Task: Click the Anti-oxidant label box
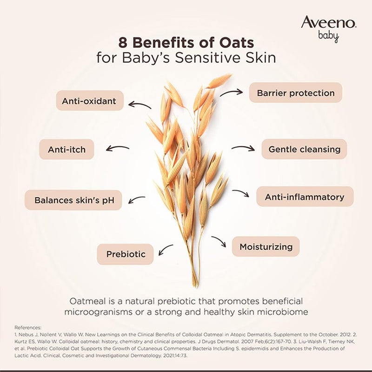pos(90,100)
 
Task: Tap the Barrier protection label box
pos(295,93)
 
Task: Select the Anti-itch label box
pos(70,150)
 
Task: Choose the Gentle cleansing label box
pos(304,149)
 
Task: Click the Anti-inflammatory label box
pos(305,197)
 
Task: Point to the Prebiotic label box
pos(126,254)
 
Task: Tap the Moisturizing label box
pos(266,246)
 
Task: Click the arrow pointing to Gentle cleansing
pos(243,148)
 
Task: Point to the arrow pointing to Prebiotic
pos(166,251)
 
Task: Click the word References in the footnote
pos(28,327)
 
